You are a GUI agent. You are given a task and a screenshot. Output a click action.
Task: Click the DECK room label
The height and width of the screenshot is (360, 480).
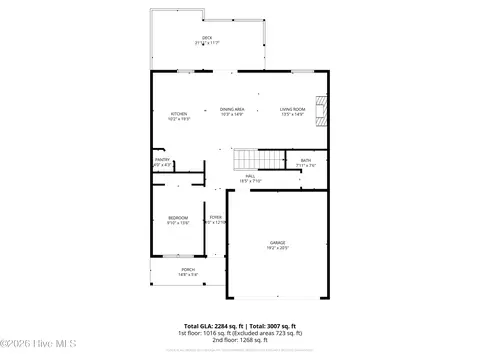click(x=207, y=38)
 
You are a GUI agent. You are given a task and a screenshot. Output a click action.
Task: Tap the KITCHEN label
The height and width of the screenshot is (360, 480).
click(x=179, y=114)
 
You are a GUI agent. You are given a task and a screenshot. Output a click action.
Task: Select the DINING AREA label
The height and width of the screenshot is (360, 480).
click(x=233, y=109)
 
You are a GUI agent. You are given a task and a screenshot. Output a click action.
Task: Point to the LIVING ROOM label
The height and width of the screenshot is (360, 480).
click(x=292, y=109)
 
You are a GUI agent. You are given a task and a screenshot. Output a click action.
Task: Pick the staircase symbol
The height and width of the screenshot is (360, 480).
click(x=247, y=158)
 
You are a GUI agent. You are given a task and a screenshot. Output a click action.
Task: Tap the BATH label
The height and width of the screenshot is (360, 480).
click(x=305, y=160)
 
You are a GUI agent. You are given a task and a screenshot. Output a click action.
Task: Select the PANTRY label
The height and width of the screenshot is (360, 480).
click(x=162, y=159)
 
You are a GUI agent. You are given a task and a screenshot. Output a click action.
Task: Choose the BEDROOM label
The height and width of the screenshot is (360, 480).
click(x=177, y=217)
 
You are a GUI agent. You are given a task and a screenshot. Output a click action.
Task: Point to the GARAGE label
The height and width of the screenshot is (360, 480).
click(x=277, y=243)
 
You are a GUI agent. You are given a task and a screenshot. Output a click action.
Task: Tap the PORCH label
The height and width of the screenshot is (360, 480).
click(x=188, y=269)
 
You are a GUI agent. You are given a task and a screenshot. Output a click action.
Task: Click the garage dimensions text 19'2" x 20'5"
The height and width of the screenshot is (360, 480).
click(x=277, y=248)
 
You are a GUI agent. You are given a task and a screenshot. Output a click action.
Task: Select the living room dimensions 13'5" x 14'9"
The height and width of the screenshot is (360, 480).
click(x=292, y=114)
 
